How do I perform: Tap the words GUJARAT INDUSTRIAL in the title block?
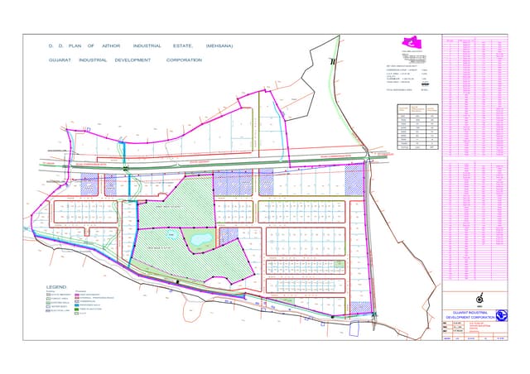click(x=470, y=311)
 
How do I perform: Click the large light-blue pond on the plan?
click(x=200, y=240)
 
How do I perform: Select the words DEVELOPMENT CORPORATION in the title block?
click(x=470, y=318)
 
